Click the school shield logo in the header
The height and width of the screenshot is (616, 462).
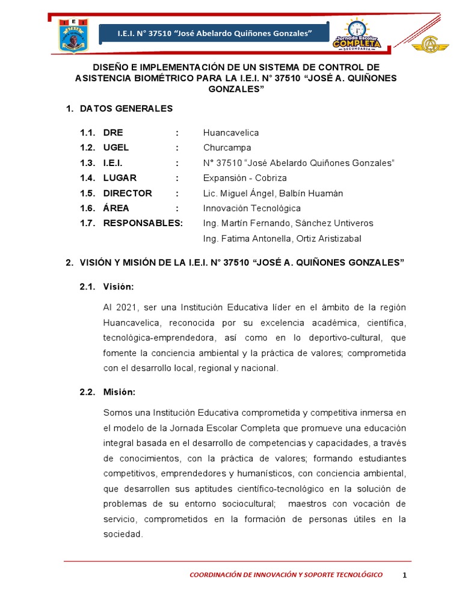pos(73,35)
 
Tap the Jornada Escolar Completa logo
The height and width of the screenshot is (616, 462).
pos(357,34)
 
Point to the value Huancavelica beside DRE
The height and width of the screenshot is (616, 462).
pos(231,133)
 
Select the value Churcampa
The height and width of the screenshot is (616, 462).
pos(227,148)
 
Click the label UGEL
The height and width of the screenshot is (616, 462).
pos(116,148)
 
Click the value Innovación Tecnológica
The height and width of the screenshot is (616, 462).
pos(251,208)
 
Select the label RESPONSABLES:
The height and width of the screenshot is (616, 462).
pos(143,223)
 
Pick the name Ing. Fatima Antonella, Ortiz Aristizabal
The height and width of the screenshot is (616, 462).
pos(282,239)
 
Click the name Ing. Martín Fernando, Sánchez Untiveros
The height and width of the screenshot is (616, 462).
pos(288,223)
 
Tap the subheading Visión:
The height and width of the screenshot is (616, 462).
pos(118,286)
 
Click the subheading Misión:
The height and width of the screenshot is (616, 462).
pos(119,392)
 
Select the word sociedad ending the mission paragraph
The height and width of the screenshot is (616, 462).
pos(123,534)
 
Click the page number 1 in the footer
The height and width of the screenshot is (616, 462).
pos(405,575)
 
